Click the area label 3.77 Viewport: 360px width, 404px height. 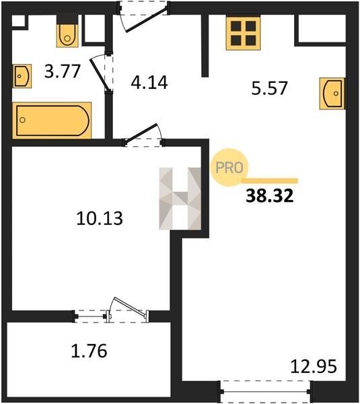63,71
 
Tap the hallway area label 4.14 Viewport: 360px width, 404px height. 149,82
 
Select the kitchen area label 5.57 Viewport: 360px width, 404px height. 269,88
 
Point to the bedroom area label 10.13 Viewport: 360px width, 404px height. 100,218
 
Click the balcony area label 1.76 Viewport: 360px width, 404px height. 89,351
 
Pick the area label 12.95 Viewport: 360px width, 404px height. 314,366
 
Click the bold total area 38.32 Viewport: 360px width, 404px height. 270,196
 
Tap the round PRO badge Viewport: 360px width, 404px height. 229,168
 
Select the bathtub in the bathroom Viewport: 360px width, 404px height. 52,121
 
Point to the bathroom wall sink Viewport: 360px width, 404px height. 22,76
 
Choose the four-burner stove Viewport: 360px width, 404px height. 243,33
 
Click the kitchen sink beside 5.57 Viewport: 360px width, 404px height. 332,94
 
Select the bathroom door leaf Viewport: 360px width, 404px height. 98,75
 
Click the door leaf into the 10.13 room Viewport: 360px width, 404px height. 141,133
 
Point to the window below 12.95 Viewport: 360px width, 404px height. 266,392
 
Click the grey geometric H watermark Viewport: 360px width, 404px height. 180,199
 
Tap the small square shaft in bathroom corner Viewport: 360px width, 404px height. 19,21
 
